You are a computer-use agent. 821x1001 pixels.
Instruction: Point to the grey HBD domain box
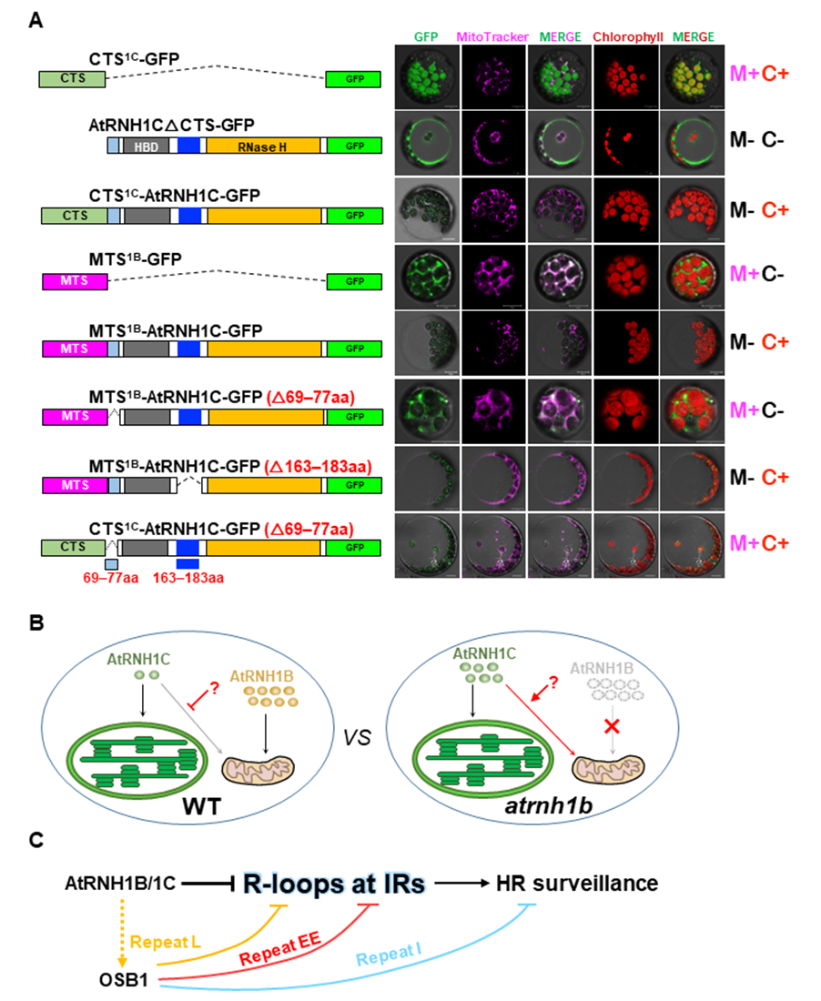[x=145, y=146]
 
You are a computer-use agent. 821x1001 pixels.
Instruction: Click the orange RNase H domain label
[x=264, y=146]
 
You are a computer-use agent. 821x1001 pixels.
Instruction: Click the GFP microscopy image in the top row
[x=427, y=75]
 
